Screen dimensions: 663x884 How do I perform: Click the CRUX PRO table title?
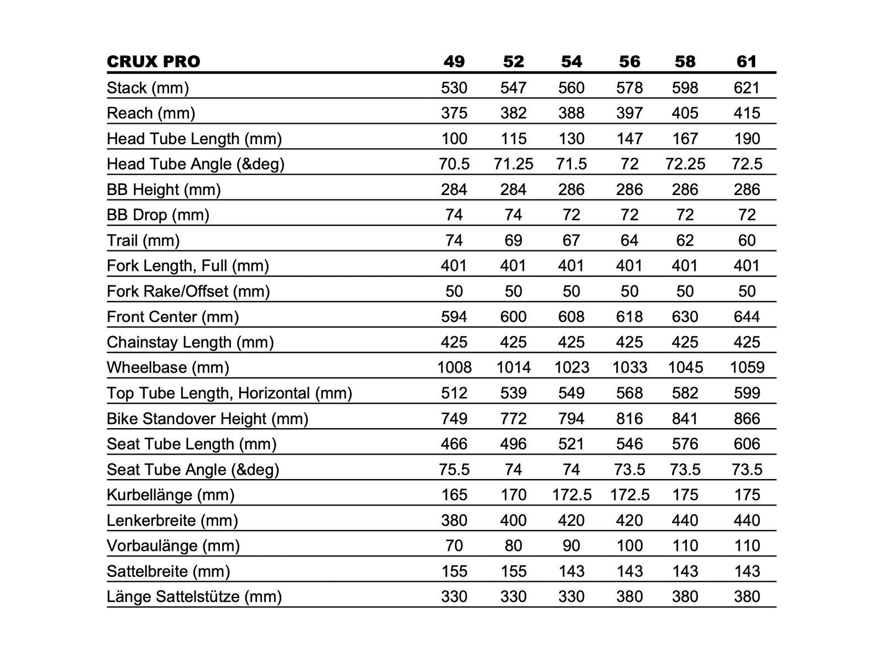coord(153,61)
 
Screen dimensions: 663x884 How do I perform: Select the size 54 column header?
coord(571,61)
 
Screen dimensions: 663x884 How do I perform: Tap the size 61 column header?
coord(746,61)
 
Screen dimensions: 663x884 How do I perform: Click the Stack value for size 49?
coord(454,88)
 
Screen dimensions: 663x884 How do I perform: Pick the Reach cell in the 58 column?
coord(685,113)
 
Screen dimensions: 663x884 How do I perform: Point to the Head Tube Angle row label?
coord(195,164)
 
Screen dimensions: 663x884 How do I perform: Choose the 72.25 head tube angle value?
coord(685,164)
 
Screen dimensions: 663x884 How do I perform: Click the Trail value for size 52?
coord(513,240)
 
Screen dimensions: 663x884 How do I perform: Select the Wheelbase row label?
coord(167,367)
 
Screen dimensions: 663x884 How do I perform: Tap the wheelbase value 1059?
coord(746,367)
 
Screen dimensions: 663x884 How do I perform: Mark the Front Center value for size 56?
coord(629,317)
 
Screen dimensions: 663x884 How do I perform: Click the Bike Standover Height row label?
coord(207,418)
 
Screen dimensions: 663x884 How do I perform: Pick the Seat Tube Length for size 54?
coord(571,444)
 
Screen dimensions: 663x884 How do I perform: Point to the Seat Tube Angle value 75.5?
coord(454,469)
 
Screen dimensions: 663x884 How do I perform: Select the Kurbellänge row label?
coord(170,494)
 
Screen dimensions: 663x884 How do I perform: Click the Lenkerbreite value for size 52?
coord(513,520)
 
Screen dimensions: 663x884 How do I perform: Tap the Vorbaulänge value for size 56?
coord(629,545)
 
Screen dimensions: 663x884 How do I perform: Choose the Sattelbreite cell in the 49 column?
coord(454,571)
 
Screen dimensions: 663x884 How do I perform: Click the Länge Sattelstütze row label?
coord(194,596)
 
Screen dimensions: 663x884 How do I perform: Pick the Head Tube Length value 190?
coord(746,139)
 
